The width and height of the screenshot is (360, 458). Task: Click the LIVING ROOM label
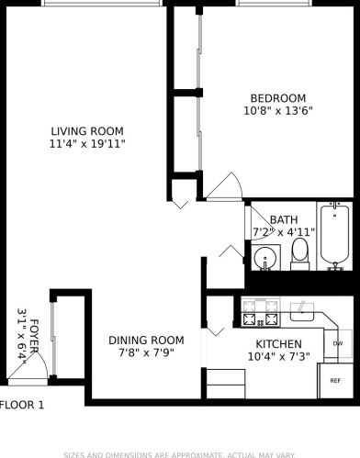tap(86, 130)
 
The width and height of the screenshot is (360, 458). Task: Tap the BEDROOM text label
tap(278, 98)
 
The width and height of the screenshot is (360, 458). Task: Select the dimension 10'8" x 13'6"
tap(278, 112)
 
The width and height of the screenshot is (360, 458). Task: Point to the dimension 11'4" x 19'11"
tap(86, 144)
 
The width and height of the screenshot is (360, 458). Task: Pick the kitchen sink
tap(303, 313)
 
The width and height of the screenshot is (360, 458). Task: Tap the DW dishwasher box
tap(337, 344)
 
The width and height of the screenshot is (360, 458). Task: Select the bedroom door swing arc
tap(224, 187)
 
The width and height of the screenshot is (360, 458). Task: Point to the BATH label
tap(284, 219)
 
